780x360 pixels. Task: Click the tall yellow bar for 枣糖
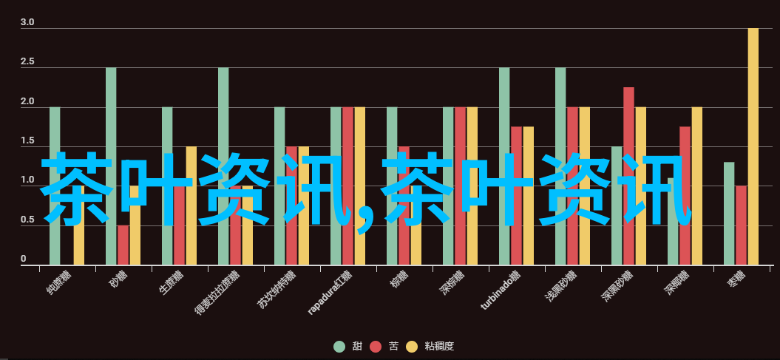[x=753, y=111]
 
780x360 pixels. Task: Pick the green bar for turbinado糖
[x=504, y=111]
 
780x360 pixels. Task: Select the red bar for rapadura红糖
[x=347, y=133]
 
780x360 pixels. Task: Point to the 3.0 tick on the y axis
[x=27, y=23]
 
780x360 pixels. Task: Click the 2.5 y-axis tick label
[x=27, y=62]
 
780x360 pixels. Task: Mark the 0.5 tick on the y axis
[x=27, y=220]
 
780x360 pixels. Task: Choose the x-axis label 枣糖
[x=736, y=281]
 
